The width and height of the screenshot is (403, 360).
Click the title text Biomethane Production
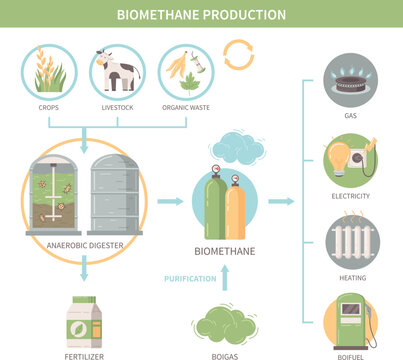(x=201, y=14)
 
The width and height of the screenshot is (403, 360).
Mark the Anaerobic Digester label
(x=85, y=244)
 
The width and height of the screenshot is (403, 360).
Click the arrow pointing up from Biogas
(x=222, y=281)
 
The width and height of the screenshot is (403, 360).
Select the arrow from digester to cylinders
(x=171, y=201)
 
